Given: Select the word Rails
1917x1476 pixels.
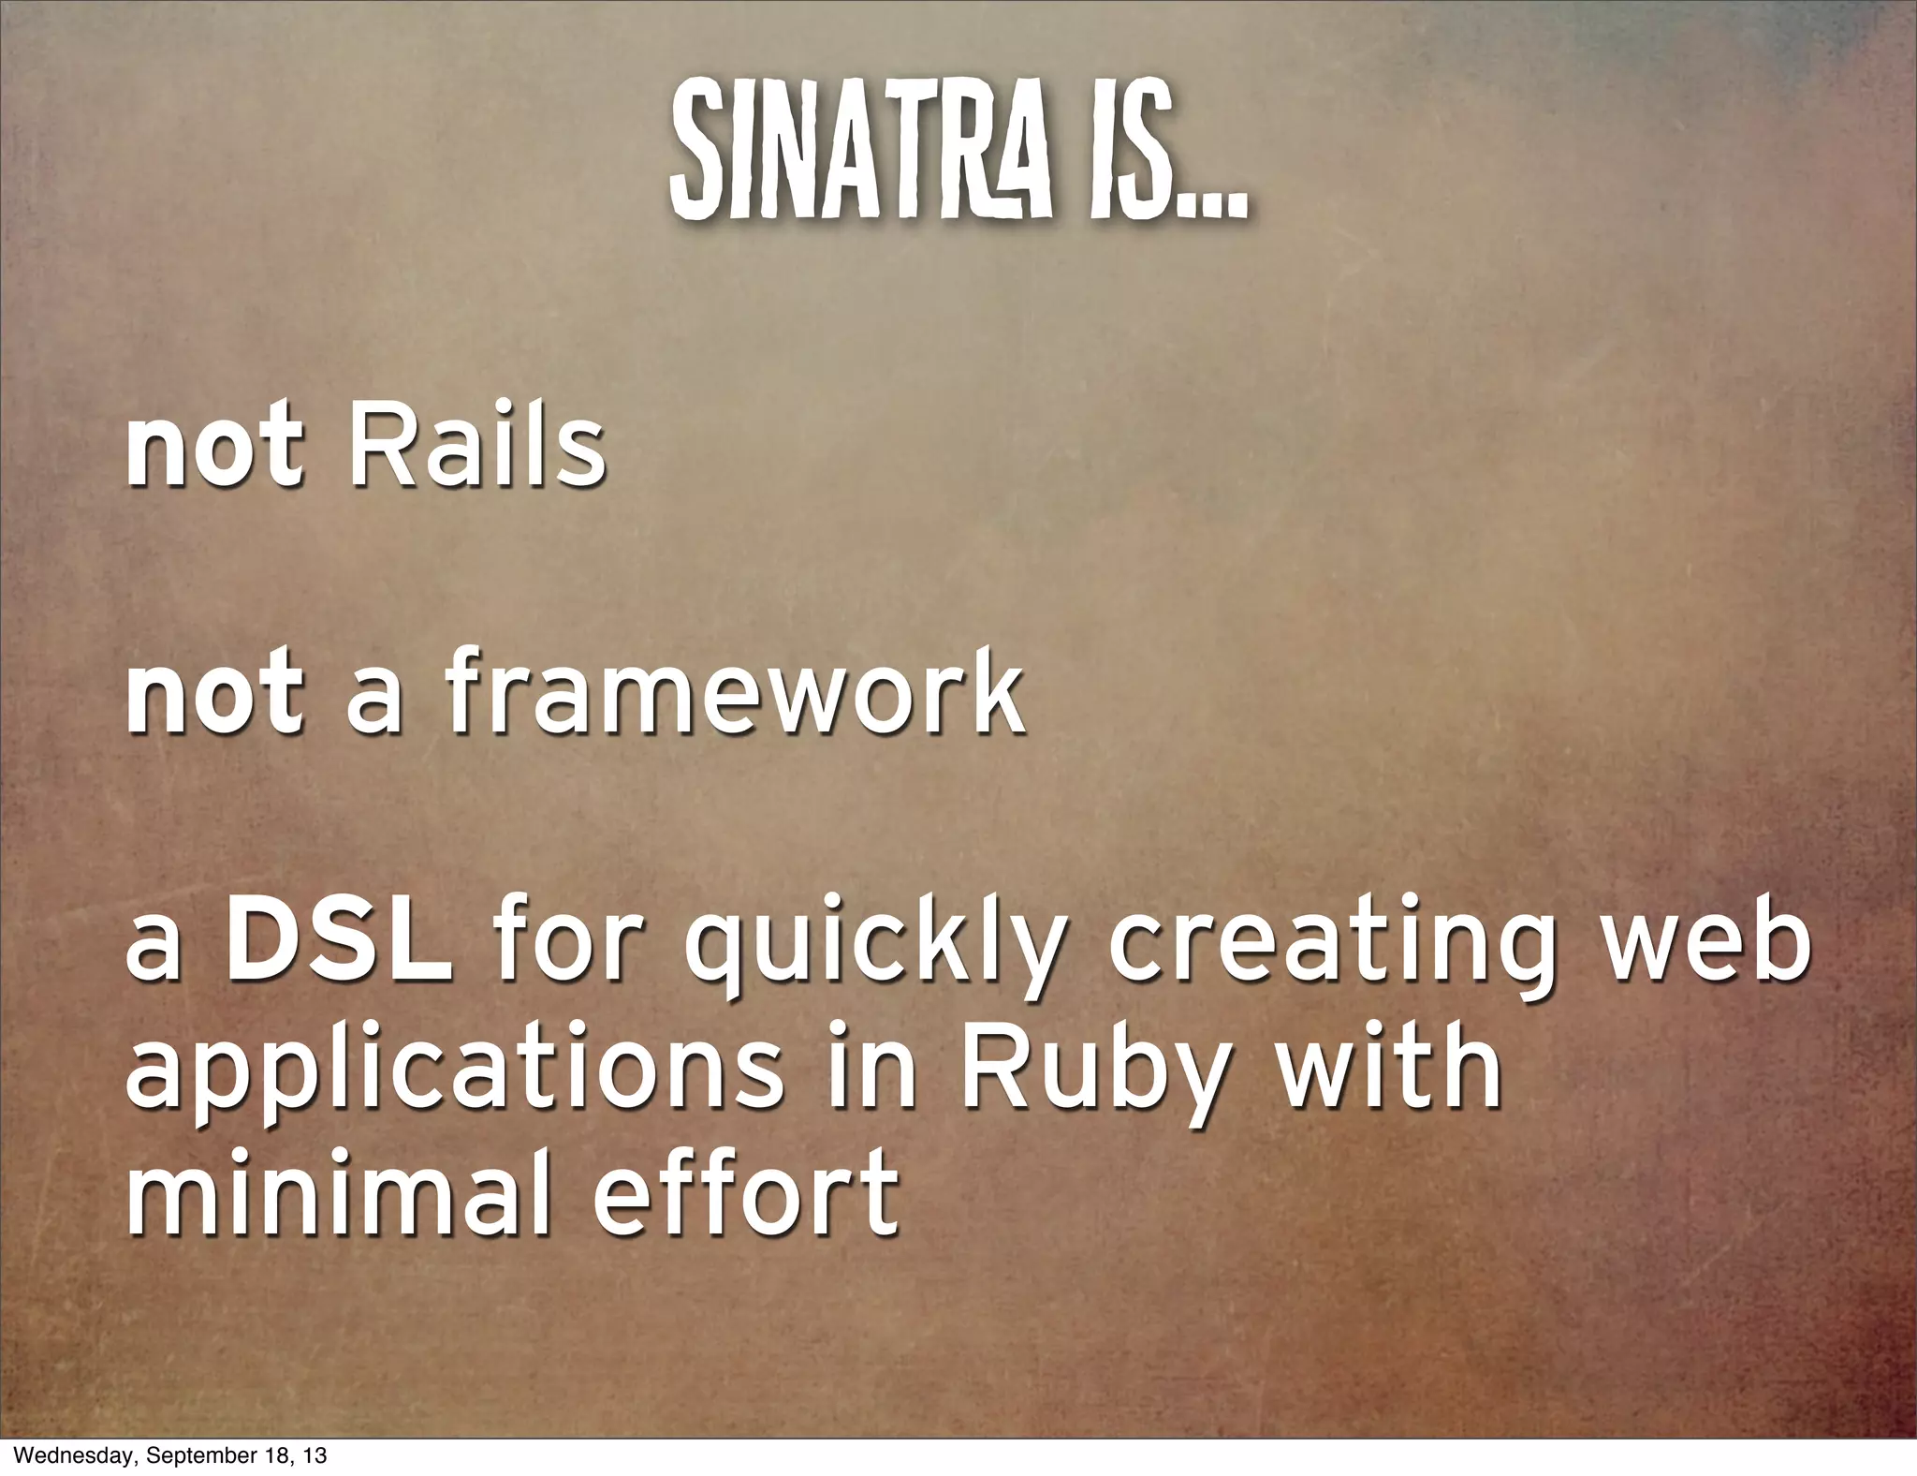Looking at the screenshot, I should pyautogui.click(x=477, y=448).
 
